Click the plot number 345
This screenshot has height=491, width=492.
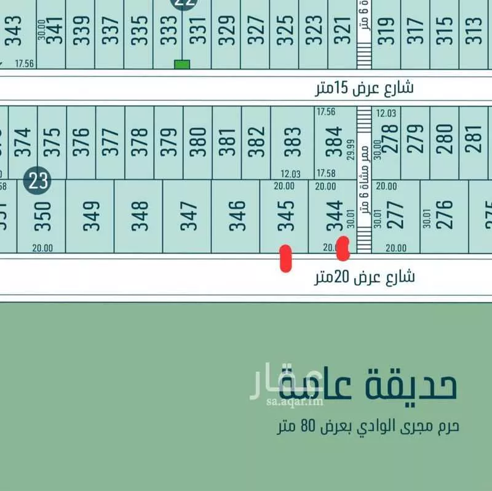tap(285, 216)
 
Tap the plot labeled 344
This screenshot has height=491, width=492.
tap(334, 216)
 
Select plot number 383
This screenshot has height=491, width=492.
tap(293, 142)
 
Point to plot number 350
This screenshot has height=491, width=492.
tap(41, 216)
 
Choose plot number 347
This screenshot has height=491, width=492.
tap(188, 216)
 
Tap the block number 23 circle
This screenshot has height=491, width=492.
tap(38, 181)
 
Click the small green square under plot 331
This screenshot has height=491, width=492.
tap(181, 64)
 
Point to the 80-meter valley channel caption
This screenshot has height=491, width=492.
tap(367, 425)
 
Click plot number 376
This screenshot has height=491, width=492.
tap(82, 142)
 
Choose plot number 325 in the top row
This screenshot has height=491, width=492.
tap(285, 29)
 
